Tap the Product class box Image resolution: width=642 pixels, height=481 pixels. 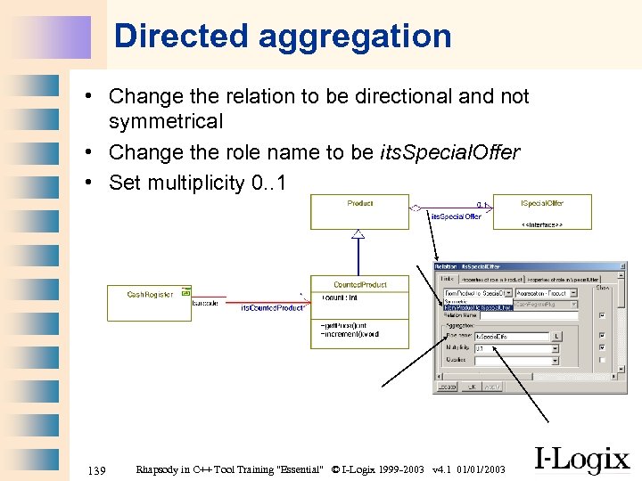click(x=360, y=211)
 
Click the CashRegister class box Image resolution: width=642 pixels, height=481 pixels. click(x=148, y=302)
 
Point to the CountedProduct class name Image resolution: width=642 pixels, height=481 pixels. click(x=360, y=284)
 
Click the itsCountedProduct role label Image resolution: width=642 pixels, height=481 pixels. click(x=273, y=308)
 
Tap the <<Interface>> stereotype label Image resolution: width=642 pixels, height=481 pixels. click(x=541, y=225)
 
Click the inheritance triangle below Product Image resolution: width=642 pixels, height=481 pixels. click(x=358, y=234)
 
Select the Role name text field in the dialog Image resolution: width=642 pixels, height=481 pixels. click(x=512, y=337)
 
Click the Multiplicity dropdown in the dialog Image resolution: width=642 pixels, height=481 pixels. click(x=516, y=348)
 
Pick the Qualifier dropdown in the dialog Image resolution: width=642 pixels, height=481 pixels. click(x=516, y=361)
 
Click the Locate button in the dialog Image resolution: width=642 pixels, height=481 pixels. click(x=447, y=387)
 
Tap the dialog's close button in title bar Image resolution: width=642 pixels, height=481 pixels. click(x=621, y=265)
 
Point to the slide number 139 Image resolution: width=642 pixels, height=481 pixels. click(x=98, y=469)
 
